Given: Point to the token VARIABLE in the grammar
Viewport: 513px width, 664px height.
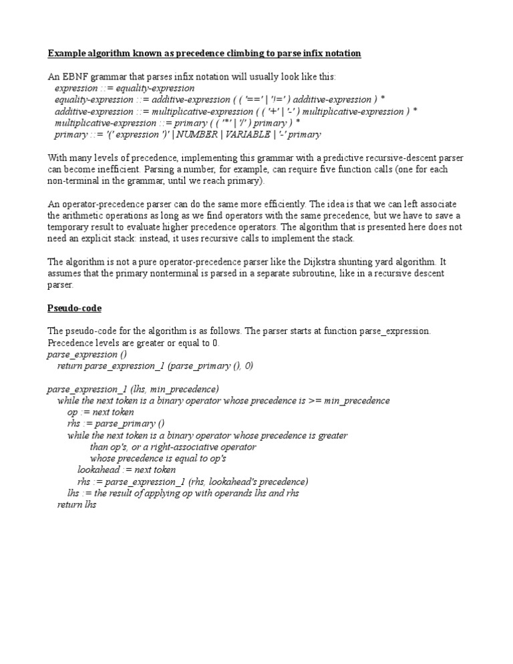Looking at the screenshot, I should pyautogui.click(x=248, y=134).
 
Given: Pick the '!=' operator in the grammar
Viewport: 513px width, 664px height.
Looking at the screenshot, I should pyautogui.click(x=292, y=100).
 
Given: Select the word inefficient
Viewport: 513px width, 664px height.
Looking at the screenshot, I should pyautogui.click(x=106, y=169).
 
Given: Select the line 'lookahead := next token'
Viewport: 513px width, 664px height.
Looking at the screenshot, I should pyautogui.click(x=127, y=470).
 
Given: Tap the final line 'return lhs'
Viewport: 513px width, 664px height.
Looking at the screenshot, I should pyautogui.click(x=77, y=505).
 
